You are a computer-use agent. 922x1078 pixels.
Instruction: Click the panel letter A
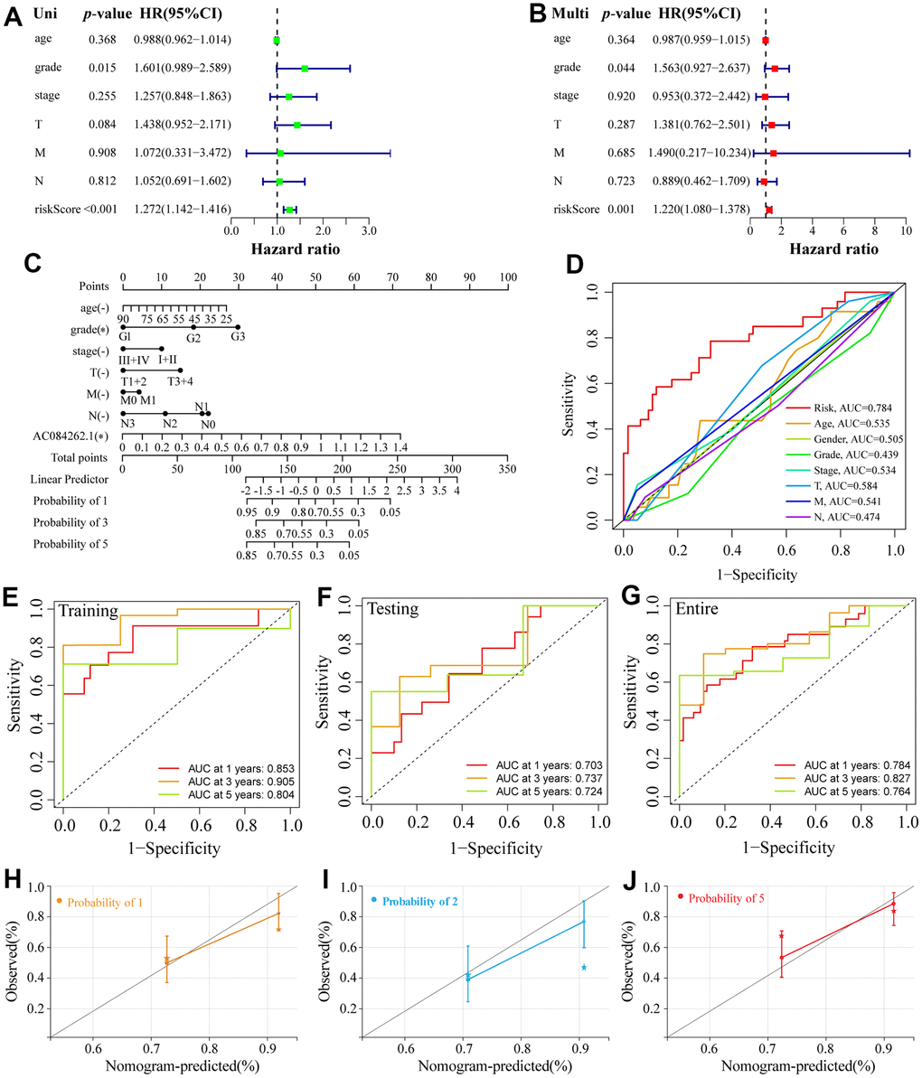14,15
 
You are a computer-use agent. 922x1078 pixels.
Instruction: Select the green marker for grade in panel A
305,69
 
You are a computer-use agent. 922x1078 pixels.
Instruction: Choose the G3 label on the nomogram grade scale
238,337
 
